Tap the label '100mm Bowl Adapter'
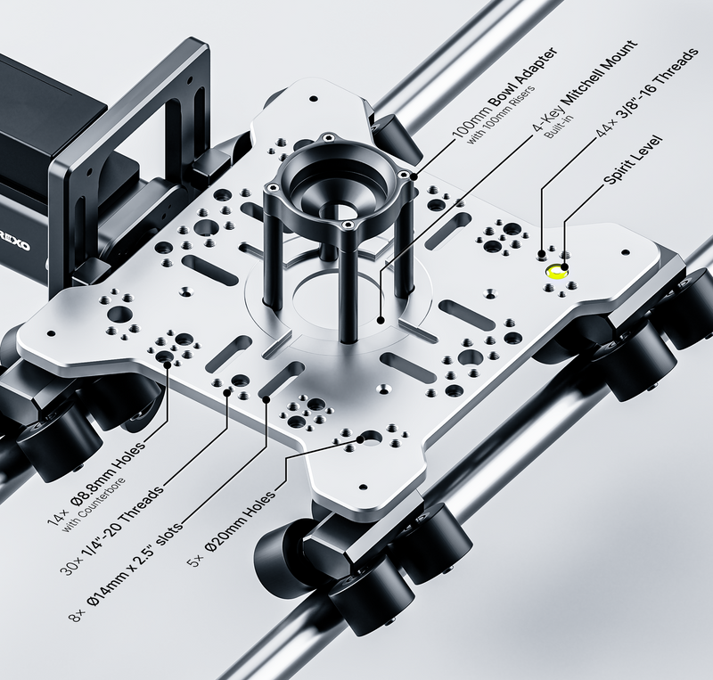pos(504,91)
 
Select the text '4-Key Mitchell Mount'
pos(586,86)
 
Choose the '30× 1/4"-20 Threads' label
pos(111,531)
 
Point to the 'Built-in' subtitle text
pos(559,126)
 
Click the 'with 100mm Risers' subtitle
pos(501,114)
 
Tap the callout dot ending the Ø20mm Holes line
pos(361,440)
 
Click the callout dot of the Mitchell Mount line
pos(381,320)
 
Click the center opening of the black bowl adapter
pos(340,209)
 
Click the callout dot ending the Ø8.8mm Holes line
pos(168,364)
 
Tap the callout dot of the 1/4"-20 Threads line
pos(227,392)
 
